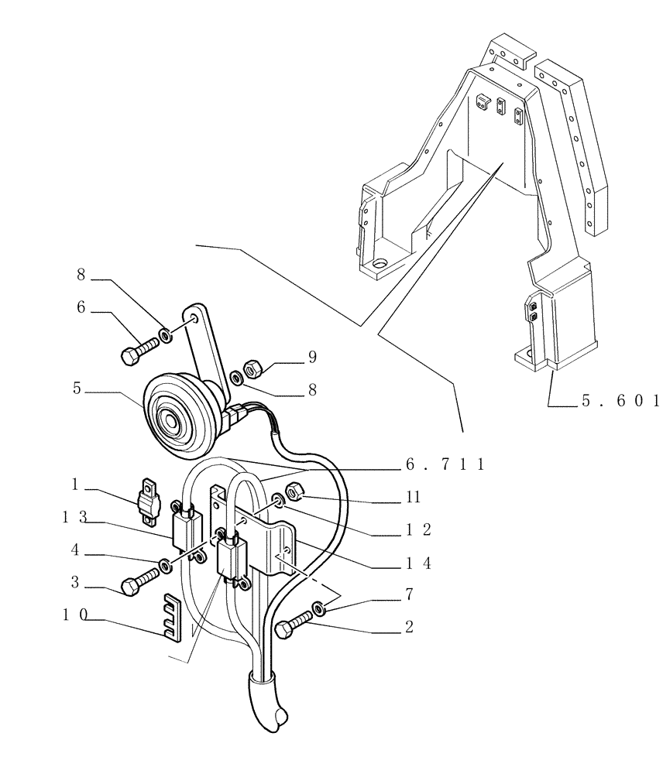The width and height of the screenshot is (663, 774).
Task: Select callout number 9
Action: pyautogui.click(x=312, y=357)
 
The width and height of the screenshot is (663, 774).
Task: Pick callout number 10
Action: pyautogui.click(x=76, y=616)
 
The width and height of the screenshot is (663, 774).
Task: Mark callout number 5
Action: pyautogui.click(x=77, y=388)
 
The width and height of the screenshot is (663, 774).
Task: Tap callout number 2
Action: pyautogui.click(x=408, y=626)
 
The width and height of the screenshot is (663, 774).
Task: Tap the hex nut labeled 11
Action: pyautogui.click(x=295, y=490)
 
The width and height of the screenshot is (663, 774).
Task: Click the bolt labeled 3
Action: pyautogui.click(x=139, y=580)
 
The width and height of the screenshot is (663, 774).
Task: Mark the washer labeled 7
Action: pyautogui.click(x=320, y=608)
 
